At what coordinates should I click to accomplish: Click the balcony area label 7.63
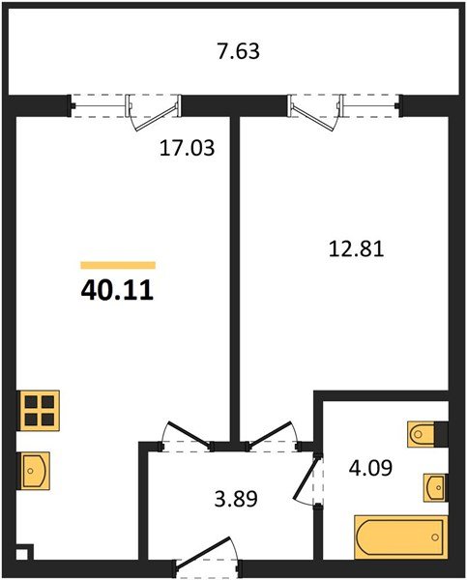click(238, 51)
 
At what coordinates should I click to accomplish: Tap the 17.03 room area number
click(187, 148)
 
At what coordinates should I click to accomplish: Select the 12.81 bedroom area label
click(357, 248)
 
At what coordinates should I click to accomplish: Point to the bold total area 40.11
click(117, 290)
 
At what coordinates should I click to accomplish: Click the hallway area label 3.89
click(236, 499)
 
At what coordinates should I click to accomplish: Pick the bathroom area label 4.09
click(370, 468)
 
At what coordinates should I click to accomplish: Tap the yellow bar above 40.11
click(118, 265)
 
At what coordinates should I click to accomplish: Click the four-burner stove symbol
click(39, 410)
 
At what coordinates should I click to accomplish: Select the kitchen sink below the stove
click(34, 471)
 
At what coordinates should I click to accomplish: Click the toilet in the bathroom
click(427, 434)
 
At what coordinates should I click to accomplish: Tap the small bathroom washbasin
click(435, 487)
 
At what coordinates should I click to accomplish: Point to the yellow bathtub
click(400, 536)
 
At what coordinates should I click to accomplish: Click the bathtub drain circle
click(435, 537)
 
